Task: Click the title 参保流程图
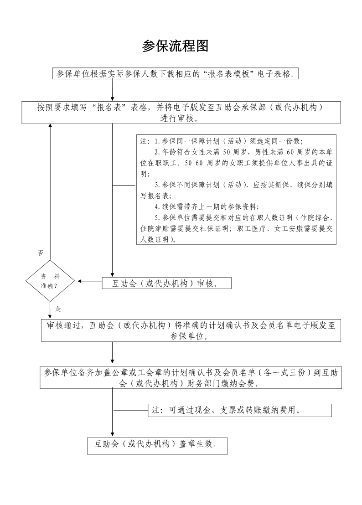pyautogui.click(x=175, y=46)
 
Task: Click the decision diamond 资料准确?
pyautogui.click(x=50, y=281)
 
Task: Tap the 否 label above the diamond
pyautogui.click(x=40, y=253)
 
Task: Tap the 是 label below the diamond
pyautogui.click(x=58, y=309)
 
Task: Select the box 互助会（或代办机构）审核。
pyautogui.click(x=166, y=283)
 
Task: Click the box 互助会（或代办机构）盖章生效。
pyautogui.click(x=157, y=445)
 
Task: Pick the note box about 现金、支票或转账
pyautogui.click(x=240, y=410)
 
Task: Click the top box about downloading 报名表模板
pyautogui.click(x=176, y=74)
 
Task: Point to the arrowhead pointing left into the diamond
pyautogui.click(x=80, y=281)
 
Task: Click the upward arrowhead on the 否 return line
pyautogui.click(x=50, y=126)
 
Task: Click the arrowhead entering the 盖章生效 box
pyautogui.click(x=113, y=434)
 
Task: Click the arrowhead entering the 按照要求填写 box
pyautogui.click(x=113, y=98)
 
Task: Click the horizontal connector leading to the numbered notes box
pyautogui.click(x=124, y=186)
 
